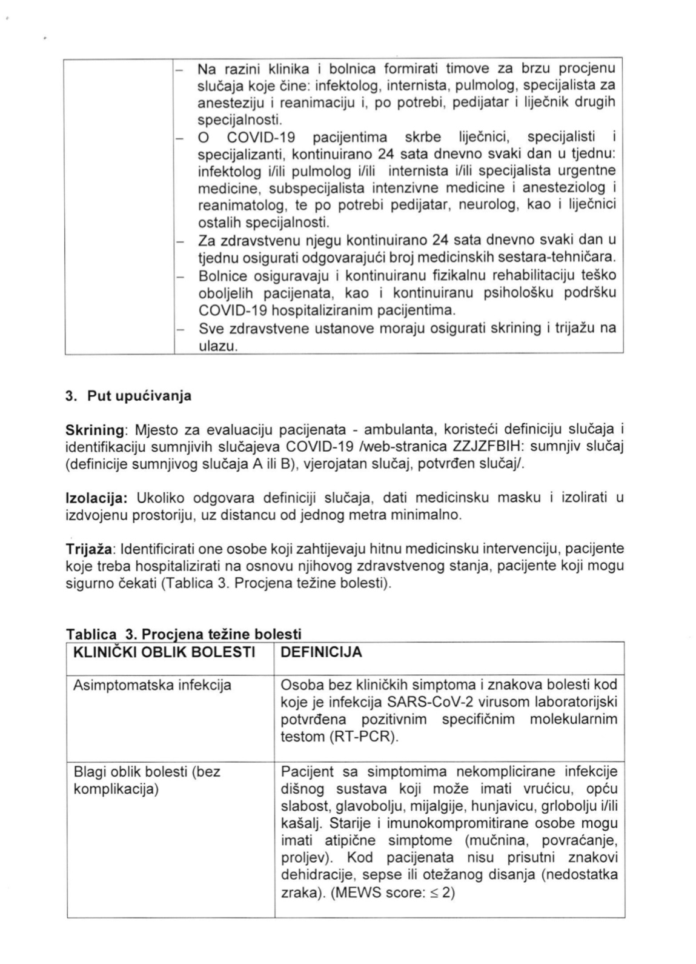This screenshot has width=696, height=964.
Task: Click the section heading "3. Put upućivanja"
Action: tap(128, 397)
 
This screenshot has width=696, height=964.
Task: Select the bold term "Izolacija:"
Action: tap(96, 498)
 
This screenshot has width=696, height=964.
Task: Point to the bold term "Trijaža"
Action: tap(90, 549)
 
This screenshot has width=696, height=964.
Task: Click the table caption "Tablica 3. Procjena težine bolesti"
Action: tap(184, 635)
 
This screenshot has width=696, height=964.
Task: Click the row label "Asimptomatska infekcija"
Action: tap(152, 686)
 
